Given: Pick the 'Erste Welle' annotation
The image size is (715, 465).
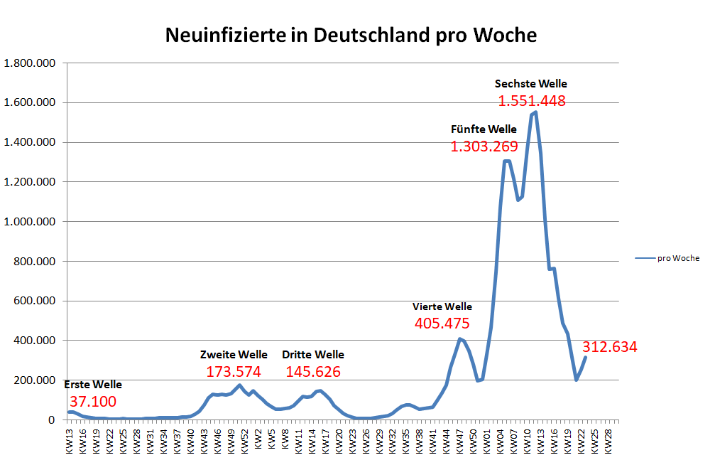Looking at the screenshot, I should [x=93, y=385].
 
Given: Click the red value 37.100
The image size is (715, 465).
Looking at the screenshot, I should [x=93, y=402].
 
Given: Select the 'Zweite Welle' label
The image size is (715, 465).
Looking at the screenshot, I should [x=234, y=355].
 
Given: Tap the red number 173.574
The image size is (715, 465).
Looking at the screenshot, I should [x=234, y=371].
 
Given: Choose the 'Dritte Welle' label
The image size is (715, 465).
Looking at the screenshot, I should [x=313, y=355].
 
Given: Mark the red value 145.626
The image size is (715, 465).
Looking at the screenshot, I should [x=313, y=371].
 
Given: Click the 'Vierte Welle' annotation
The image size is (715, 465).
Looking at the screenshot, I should [x=442, y=307].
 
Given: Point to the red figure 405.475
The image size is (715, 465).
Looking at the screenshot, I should [x=442, y=324].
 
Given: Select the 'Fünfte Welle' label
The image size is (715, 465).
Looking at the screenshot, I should [x=484, y=129].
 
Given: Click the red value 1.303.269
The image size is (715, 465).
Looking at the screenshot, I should [x=484, y=146].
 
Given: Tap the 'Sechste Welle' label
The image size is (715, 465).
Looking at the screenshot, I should [x=531, y=84].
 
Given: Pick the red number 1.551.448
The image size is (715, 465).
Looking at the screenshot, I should [x=531, y=101].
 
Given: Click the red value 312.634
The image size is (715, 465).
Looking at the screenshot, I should [x=610, y=348].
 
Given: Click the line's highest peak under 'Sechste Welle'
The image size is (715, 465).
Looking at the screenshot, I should [x=535, y=112].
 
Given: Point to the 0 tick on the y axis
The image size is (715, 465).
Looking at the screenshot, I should [x=52, y=420].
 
